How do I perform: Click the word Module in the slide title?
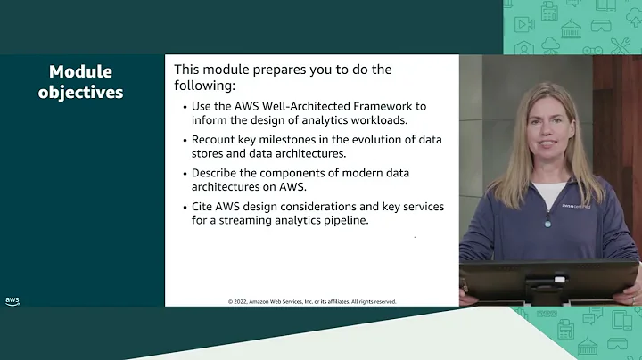(x=81, y=72)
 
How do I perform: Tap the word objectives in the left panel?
(x=81, y=92)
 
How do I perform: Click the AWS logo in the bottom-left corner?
(x=12, y=301)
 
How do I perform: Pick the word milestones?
(x=291, y=140)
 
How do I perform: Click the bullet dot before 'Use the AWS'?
(x=184, y=107)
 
